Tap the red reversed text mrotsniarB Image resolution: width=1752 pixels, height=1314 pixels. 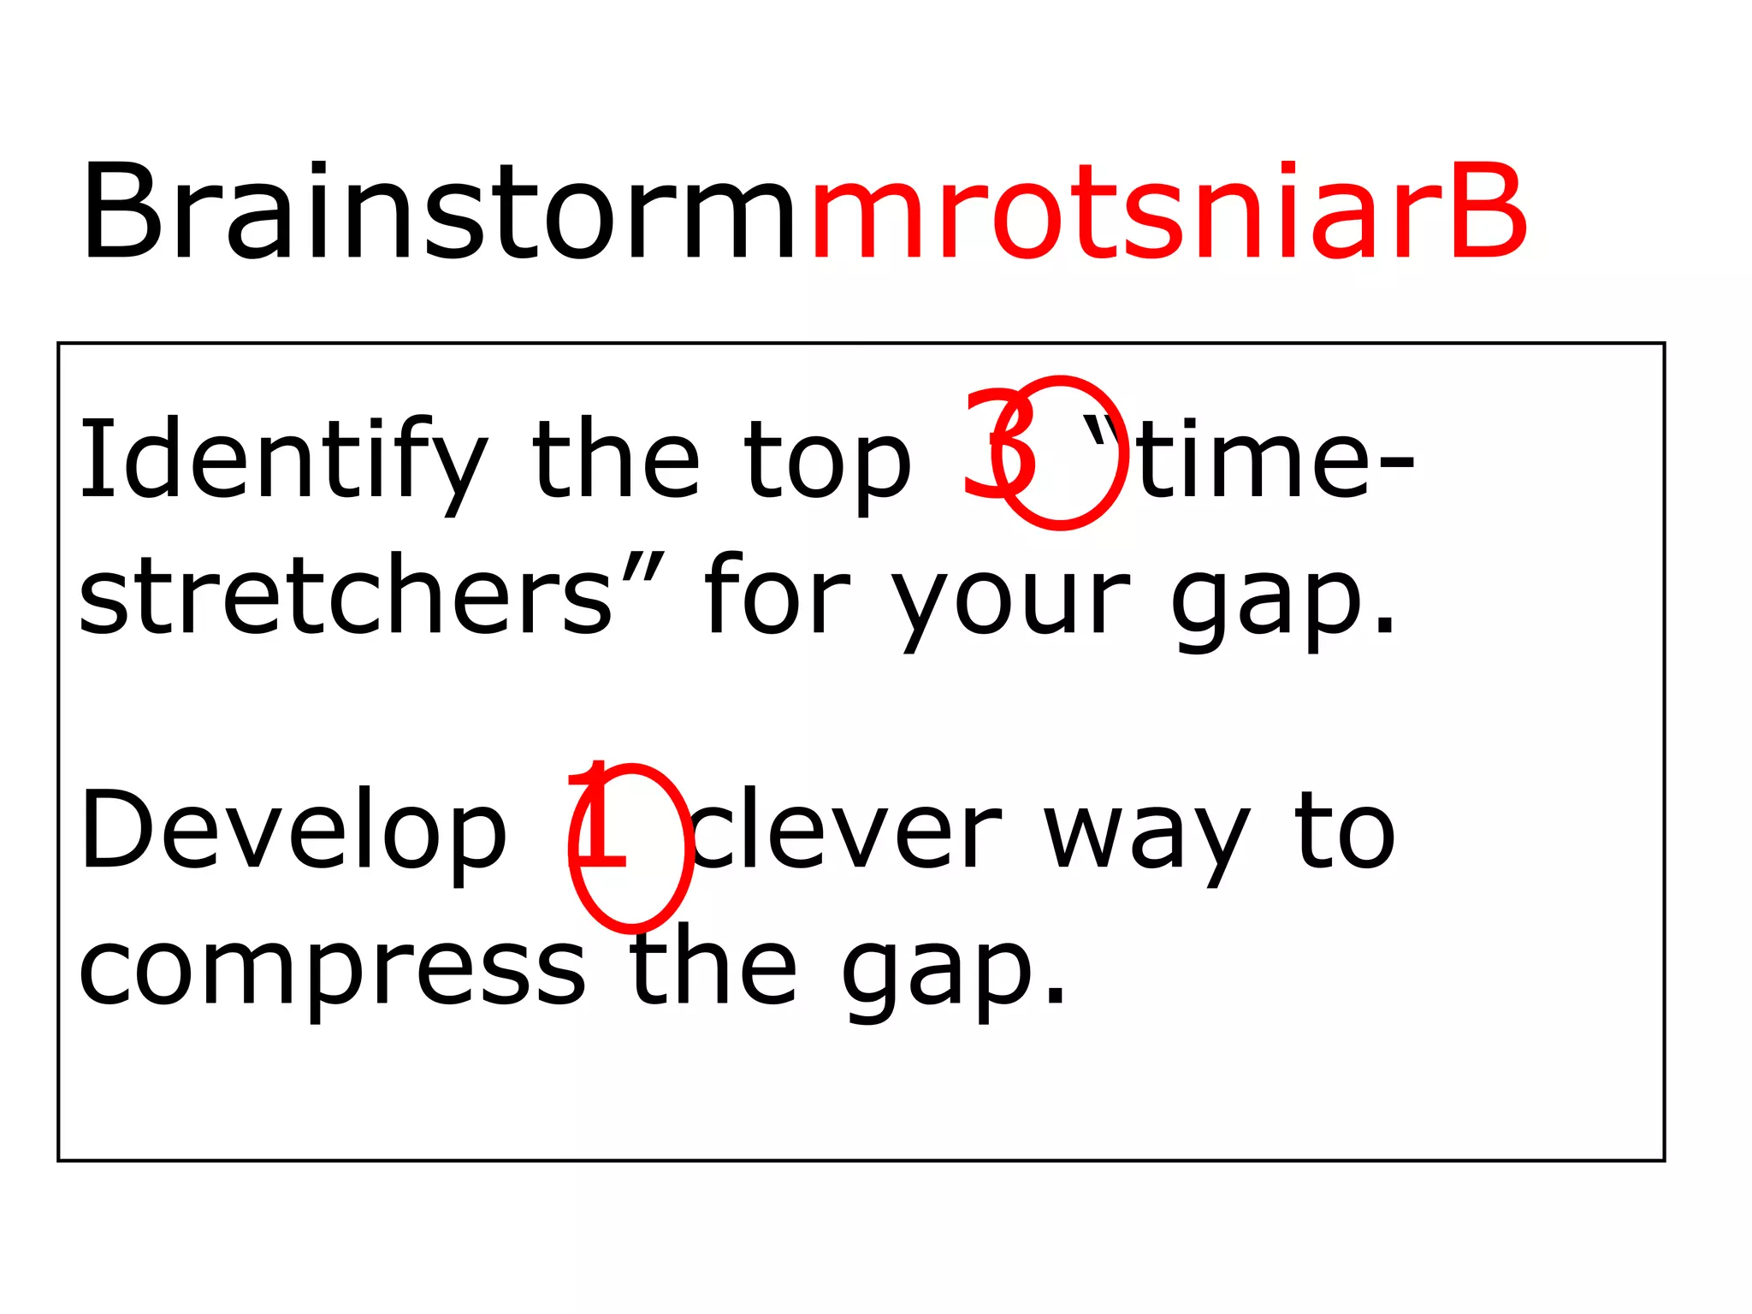point(1169,211)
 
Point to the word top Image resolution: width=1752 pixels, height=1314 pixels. point(828,466)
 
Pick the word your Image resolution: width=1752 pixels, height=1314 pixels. point(1009,603)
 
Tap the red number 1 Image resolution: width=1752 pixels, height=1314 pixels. point(599,817)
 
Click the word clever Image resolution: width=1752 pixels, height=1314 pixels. point(847,830)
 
